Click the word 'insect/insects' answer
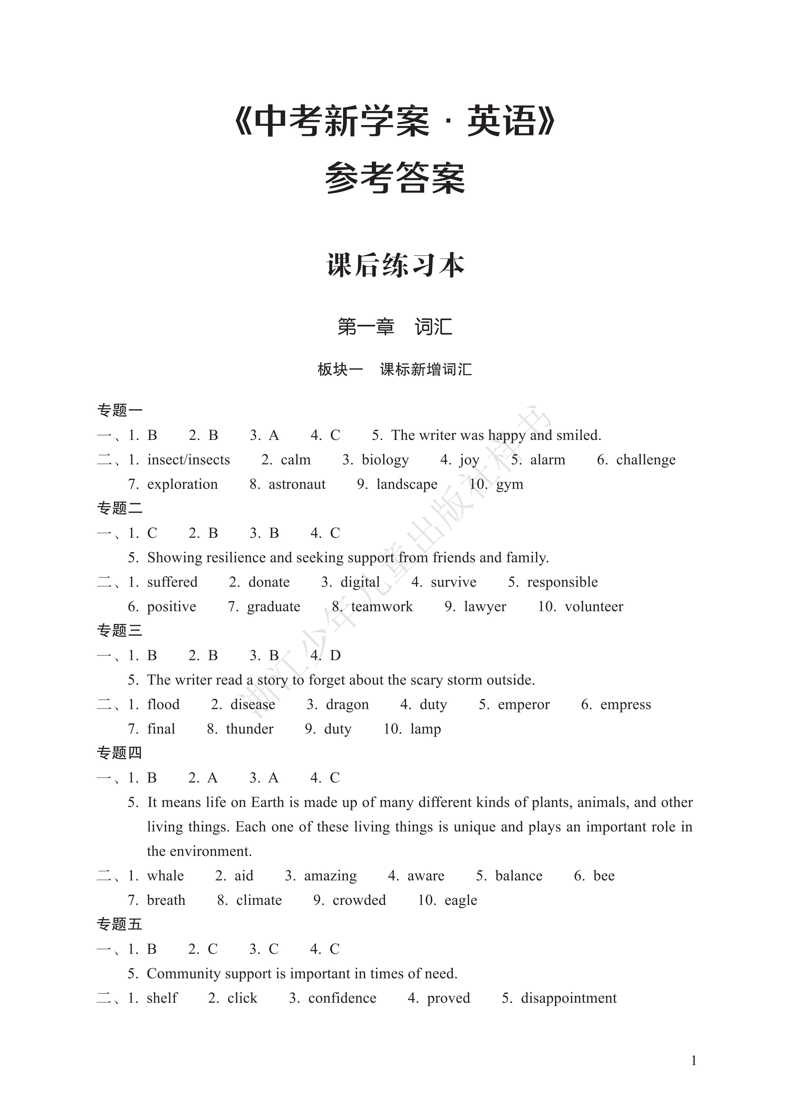pyautogui.click(x=188, y=460)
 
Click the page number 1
pyautogui.click(x=694, y=1060)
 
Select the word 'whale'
pyautogui.click(x=165, y=876)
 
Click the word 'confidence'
pyautogui.click(x=342, y=998)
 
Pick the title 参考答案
pyautogui.click(x=395, y=178)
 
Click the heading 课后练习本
pyautogui.click(x=395, y=266)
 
